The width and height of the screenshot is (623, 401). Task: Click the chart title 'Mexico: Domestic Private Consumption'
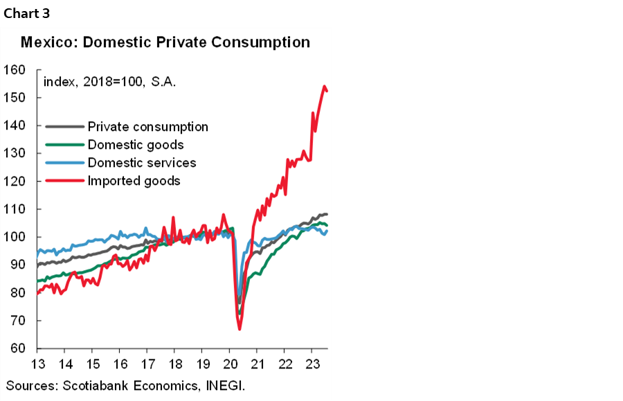165,42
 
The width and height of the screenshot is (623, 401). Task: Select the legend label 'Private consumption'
147,127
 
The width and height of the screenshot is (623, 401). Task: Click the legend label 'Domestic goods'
136,145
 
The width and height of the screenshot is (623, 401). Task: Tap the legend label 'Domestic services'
142,163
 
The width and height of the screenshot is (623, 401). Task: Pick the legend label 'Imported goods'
134,181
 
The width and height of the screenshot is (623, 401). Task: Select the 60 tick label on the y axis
17,348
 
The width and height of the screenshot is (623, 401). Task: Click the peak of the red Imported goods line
325,87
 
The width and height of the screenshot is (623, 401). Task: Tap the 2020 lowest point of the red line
240,328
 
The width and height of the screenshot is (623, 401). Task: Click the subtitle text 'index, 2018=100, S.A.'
109,82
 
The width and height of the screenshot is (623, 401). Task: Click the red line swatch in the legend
64,181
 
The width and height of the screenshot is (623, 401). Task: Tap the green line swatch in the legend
64,145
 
